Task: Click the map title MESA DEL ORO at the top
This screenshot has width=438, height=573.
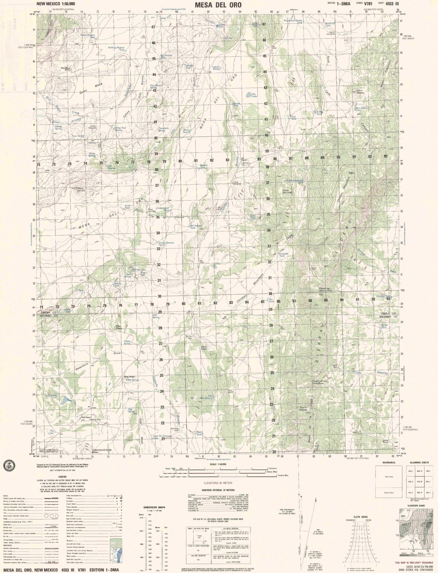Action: pos(218,5)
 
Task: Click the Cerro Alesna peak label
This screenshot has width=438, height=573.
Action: pos(359,91)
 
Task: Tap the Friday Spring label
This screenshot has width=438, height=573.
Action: pos(127,342)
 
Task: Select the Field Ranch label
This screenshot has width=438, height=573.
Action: pos(86,417)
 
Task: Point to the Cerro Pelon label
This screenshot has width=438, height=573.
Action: pos(204,348)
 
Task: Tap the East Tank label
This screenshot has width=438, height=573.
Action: pos(293,118)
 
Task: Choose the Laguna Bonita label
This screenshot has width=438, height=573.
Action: pos(216,68)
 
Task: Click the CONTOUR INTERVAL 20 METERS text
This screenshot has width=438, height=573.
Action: pos(219,490)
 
